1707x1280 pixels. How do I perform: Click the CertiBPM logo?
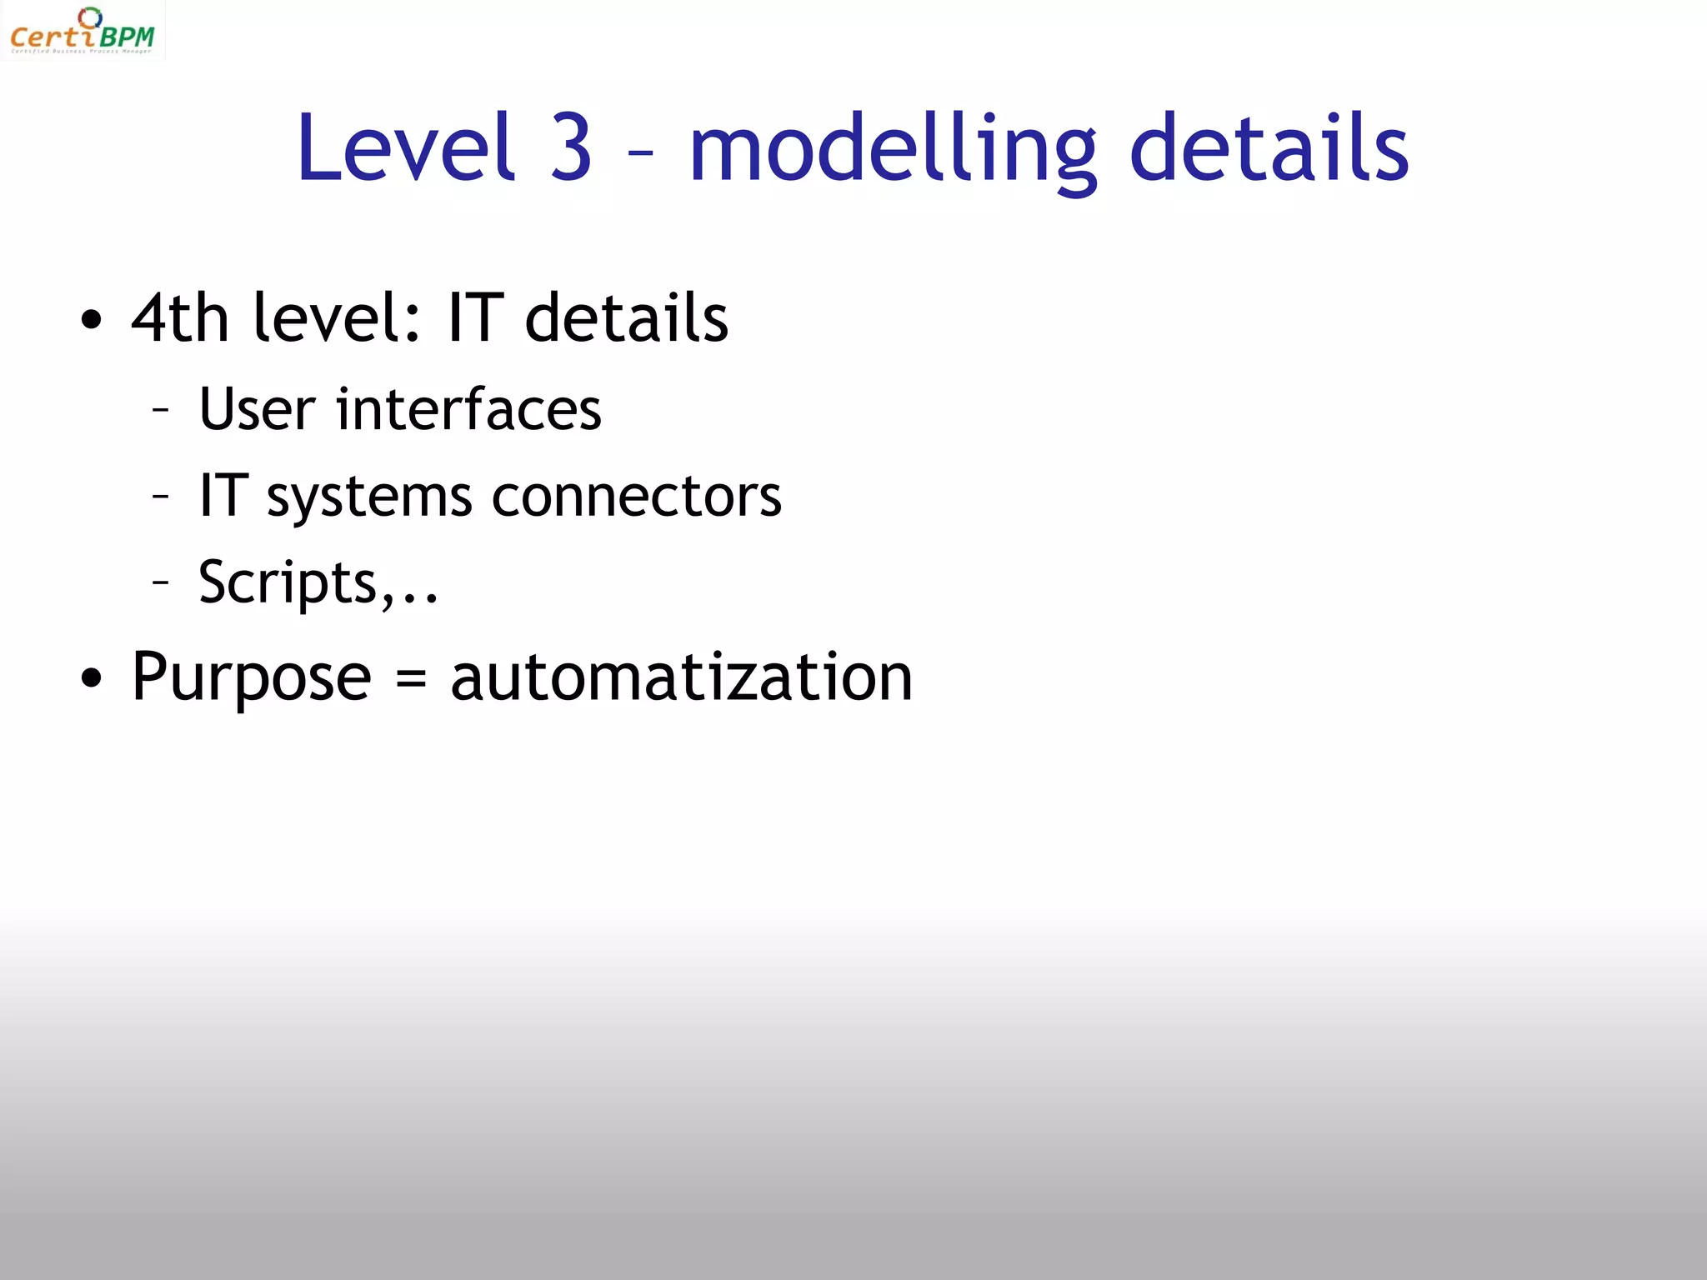82,31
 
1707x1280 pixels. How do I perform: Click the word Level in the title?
405,148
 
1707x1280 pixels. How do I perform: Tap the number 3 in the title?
572,148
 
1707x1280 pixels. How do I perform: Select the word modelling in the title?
893,150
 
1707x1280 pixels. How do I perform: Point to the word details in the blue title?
1269,148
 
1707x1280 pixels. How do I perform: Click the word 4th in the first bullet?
180,318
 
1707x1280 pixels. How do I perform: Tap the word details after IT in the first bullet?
627,318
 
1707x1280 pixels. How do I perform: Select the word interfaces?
468,409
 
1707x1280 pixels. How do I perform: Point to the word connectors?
637,497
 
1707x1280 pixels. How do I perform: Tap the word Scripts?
288,582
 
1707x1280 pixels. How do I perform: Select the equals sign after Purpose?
411,678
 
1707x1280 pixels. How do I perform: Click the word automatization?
681,677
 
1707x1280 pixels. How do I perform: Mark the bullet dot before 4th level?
92,320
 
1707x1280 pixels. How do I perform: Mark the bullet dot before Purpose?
92,678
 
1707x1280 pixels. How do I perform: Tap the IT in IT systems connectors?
223,496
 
